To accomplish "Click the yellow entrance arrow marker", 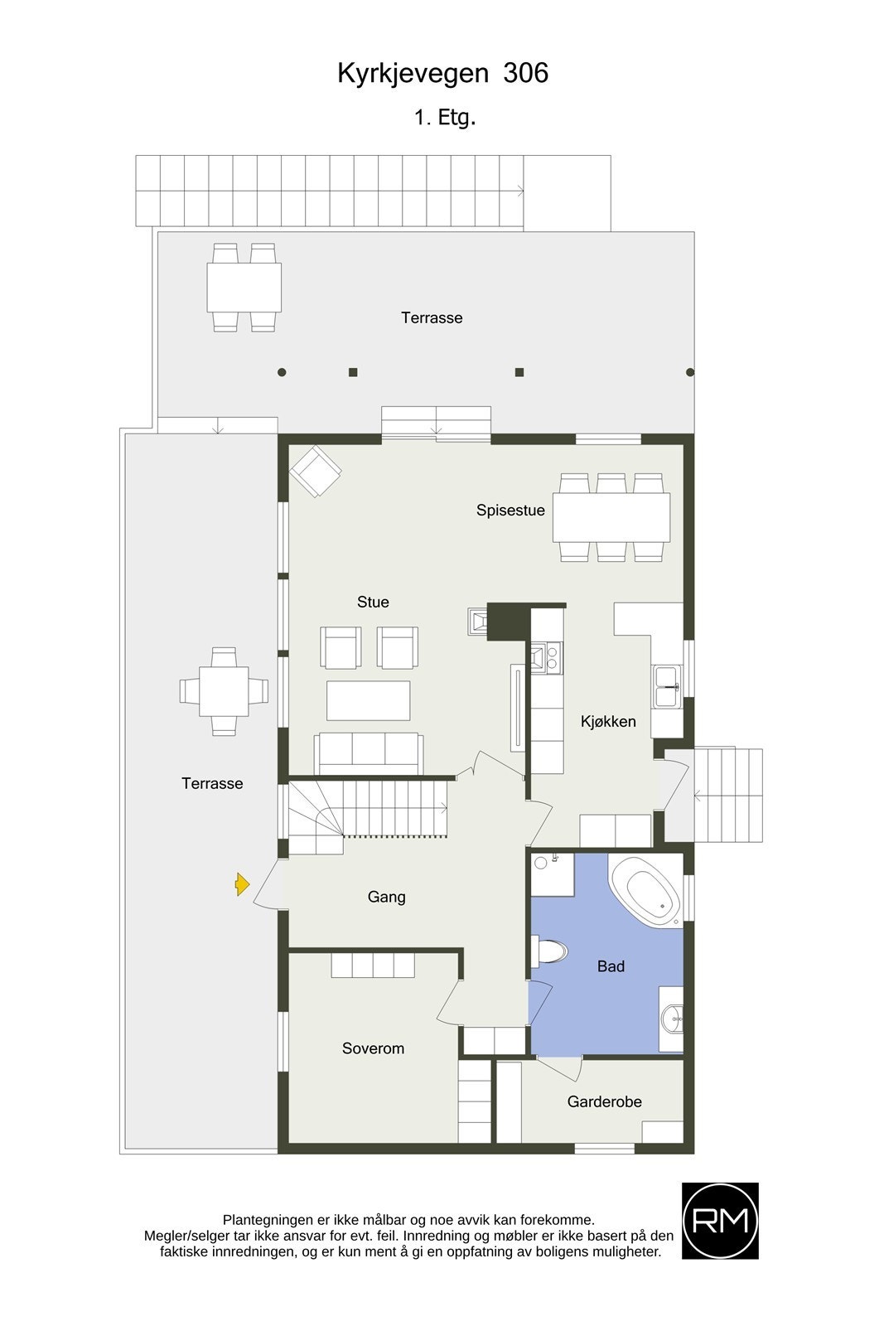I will click(242, 885).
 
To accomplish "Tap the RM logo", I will click(720, 1221).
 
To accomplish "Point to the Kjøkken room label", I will click(608, 722).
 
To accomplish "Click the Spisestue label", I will click(510, 511).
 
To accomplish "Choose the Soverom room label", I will click(373, 1048).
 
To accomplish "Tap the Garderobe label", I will click(604, 1101).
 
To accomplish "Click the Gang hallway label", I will click(386, 897).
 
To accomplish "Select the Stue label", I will click(373, 603).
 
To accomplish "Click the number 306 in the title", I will click(525, 74).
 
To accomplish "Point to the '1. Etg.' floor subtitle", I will click(445, 118).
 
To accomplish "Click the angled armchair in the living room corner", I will click(315, 471).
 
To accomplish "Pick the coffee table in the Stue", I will click(368, 700).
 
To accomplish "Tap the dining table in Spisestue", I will click(611, 517).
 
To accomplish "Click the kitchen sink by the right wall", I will click(667, 686).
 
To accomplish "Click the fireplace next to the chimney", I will click(477, 622).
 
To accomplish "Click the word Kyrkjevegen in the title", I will click(413, 74).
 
